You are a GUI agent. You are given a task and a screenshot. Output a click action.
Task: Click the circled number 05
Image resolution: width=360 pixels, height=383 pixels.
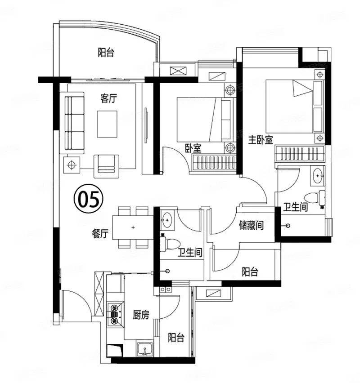pos(89,199)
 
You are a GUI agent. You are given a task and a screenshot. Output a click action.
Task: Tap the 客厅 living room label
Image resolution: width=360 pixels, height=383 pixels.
pos(108,98)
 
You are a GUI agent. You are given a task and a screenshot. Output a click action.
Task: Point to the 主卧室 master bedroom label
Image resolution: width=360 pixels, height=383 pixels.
pos(261,140)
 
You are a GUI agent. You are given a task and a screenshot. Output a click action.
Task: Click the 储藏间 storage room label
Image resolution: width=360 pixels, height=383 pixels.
pos(252,225)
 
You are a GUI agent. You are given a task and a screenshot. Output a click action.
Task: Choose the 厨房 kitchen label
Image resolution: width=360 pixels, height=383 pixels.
pos(141,315)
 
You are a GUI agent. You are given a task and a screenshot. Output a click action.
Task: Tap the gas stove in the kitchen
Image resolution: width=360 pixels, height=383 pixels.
pos(115,314)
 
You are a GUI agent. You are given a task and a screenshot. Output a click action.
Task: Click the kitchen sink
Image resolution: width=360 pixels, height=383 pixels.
pos(145,349)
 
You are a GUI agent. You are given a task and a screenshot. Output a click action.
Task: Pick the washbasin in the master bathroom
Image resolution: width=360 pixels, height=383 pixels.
pos(317,175)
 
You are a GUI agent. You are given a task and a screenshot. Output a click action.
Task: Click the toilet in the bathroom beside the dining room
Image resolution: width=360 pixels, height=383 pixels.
pos(170,244)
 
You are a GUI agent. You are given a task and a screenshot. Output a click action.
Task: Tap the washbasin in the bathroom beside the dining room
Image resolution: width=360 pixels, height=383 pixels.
pos(167,220)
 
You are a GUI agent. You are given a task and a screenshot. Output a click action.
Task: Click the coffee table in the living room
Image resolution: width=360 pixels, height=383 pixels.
pos(107,124)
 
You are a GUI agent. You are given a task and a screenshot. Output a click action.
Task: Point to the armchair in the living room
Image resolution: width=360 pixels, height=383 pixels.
pos(106,166)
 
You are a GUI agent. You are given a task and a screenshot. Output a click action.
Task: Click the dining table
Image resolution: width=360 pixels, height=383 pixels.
pos(133,227)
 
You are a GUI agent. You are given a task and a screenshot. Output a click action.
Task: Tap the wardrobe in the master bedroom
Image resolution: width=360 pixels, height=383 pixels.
pos(300,154)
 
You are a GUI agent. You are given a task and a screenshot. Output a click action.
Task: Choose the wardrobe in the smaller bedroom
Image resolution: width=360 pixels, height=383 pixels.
pos(215,163)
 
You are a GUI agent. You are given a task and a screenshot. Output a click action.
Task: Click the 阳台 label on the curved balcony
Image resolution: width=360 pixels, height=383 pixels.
pos(106,53)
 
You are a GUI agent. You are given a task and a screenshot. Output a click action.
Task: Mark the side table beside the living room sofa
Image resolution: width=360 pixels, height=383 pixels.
pos(72,165)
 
